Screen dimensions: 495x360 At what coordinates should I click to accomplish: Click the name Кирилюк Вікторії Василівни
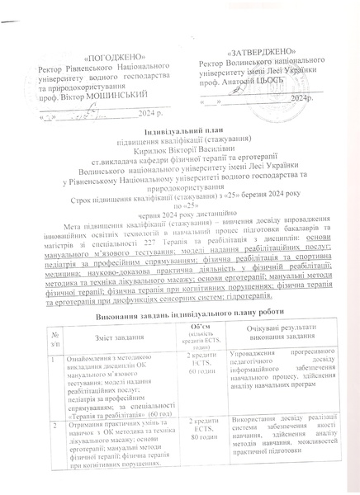pos(178,151)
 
